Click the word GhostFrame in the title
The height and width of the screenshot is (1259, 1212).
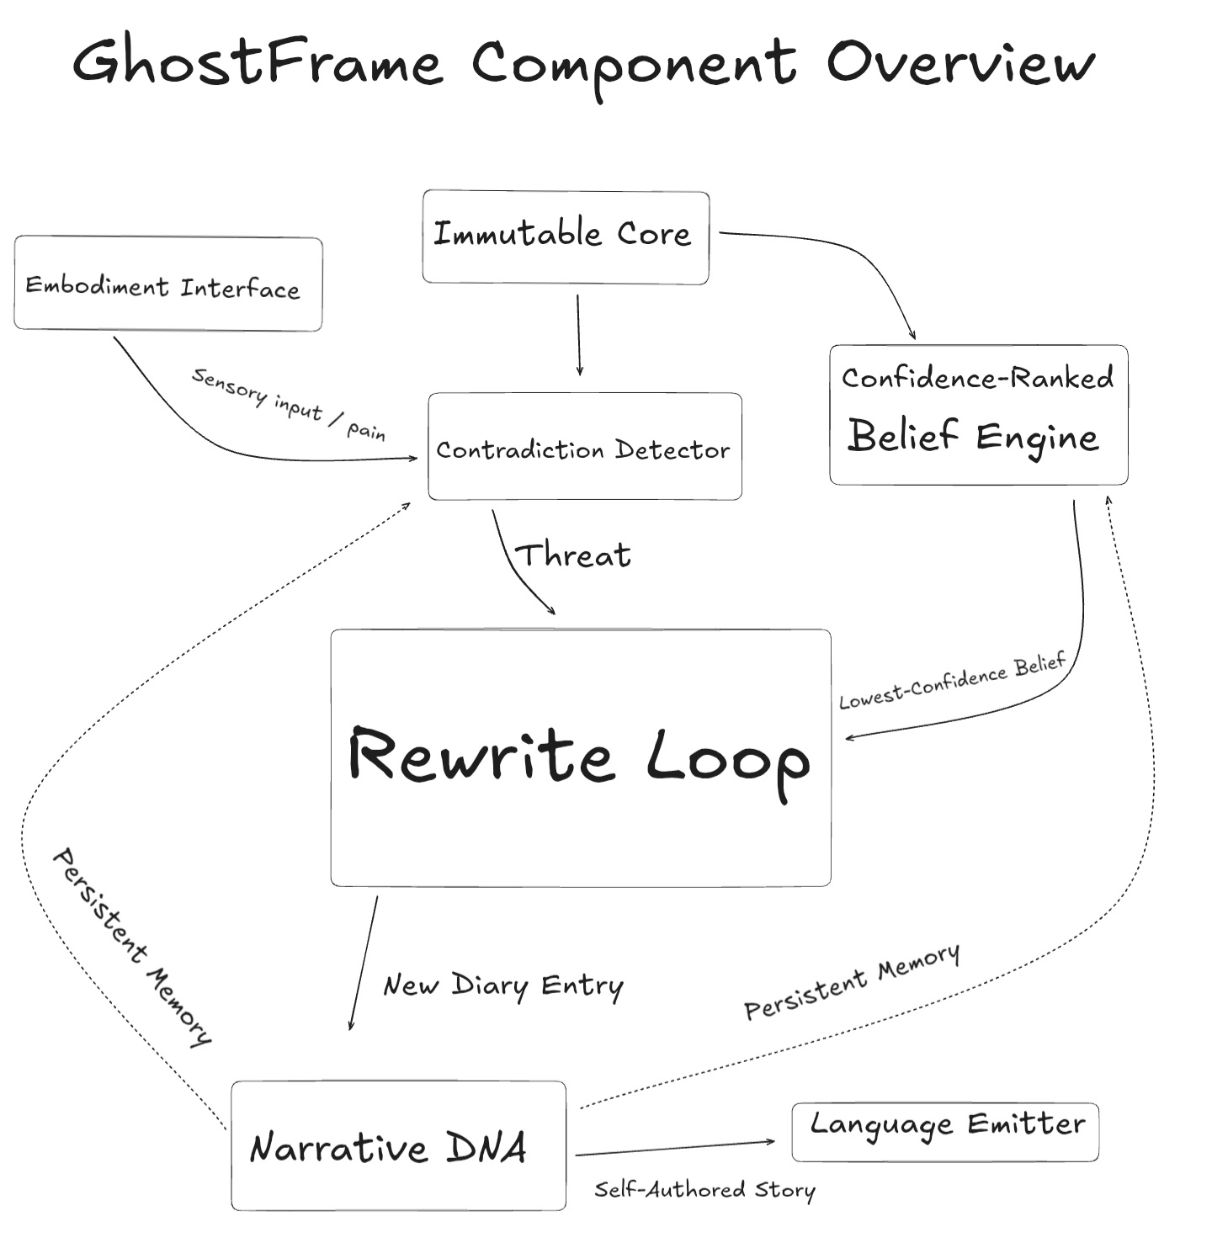[257, 63]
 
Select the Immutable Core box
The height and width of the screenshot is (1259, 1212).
[565, 236]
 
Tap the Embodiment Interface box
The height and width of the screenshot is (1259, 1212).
[167, 284]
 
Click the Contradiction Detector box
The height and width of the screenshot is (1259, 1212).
[584, 447]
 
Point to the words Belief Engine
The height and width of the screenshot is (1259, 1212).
[973, 437]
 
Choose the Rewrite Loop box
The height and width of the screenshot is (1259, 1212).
[580, 757]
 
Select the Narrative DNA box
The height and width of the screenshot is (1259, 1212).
[397, 1145]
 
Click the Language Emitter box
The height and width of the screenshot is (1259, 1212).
[945, 1131]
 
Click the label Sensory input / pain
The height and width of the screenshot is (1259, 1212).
[289, 404]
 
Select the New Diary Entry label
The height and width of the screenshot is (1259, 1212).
[503, 985]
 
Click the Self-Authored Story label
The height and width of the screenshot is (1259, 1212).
[704, 1189]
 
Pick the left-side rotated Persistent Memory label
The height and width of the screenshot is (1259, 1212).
[130, 947]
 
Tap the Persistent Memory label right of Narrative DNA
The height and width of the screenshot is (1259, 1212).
[852, 981]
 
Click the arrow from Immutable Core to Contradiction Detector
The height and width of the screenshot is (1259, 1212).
[578, 335]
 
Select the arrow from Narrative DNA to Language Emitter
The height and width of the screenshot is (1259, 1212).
[673, 1149]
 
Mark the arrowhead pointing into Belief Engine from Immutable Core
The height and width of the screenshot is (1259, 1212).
[912, 336]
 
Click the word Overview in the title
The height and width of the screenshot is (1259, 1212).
[959, 63]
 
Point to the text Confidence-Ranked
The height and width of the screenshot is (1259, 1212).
[977, 378]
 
